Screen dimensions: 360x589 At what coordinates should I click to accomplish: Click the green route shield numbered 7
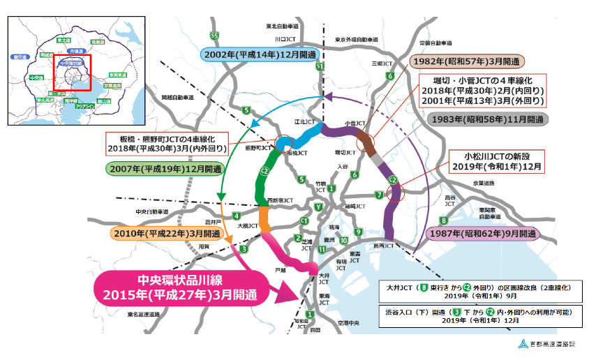(x=378, y=195)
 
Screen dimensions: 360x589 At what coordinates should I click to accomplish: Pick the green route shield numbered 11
(x=322, y=249)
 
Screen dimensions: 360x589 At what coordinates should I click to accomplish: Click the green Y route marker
(x=318, y=206)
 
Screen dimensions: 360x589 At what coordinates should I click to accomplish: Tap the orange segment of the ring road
(x=264, y=218)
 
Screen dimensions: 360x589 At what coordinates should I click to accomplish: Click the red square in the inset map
(x=72, y=70)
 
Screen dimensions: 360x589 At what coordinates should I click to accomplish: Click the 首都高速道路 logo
(x=549, y=343)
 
